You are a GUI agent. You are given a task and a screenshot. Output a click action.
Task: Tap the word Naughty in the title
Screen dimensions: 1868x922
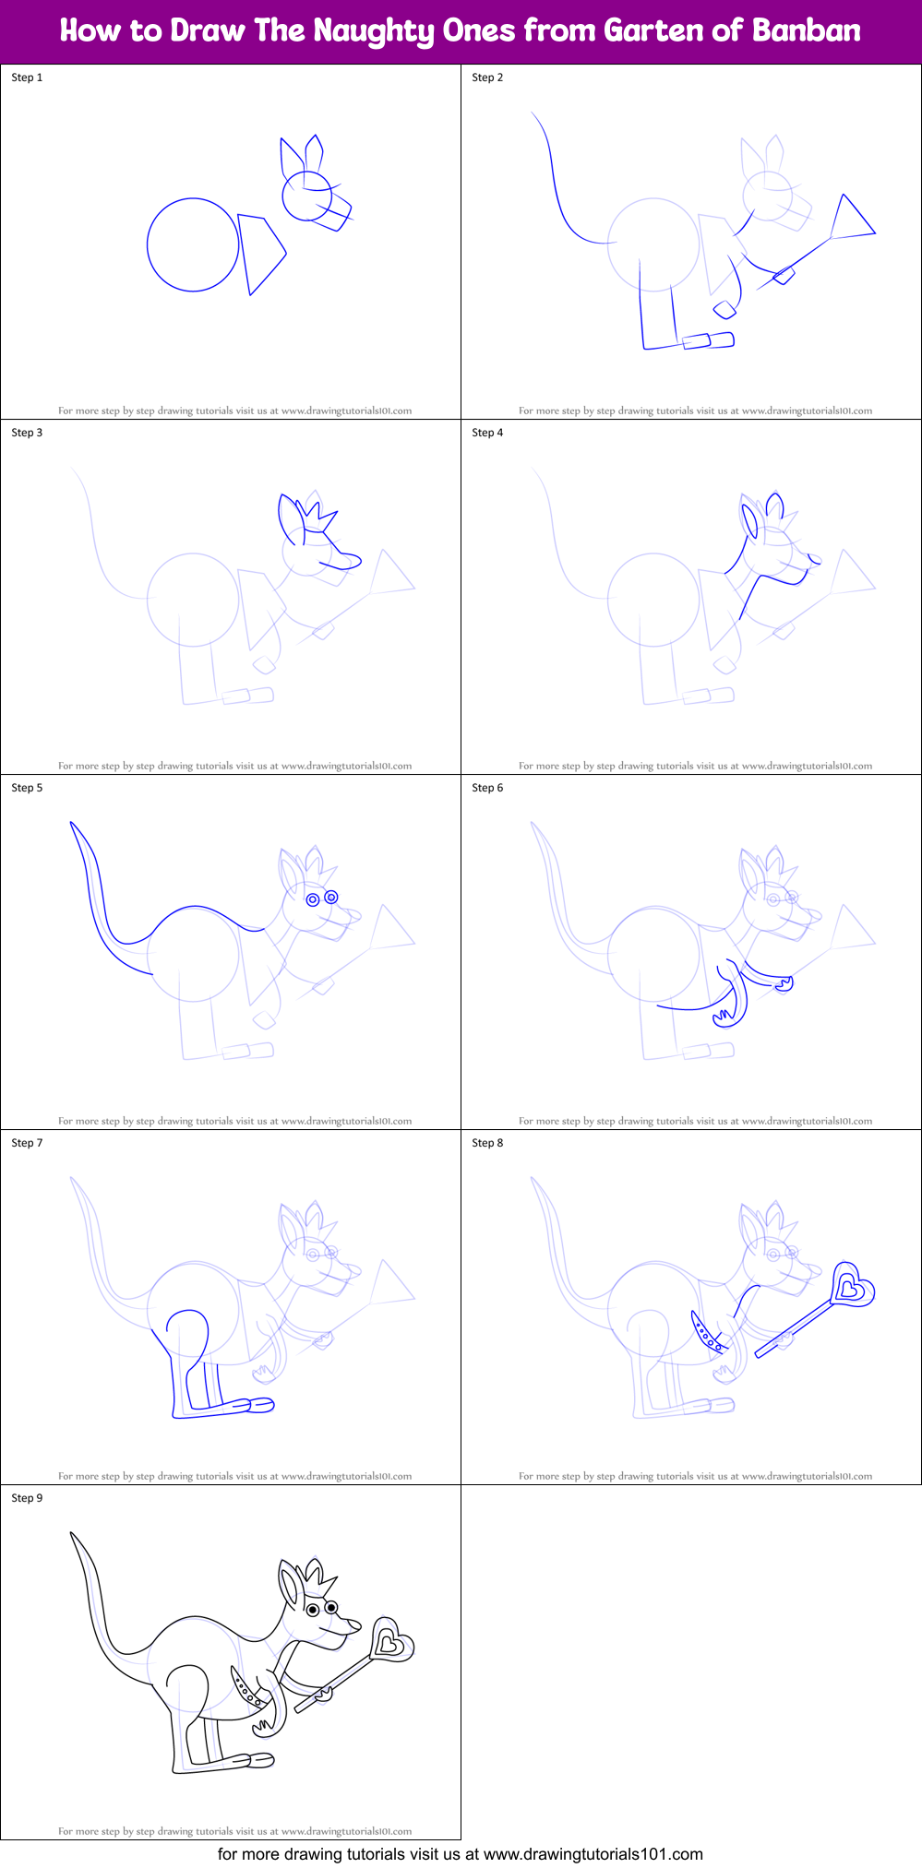click(x=373, y=31)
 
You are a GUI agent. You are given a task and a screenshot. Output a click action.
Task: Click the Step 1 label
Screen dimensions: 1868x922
click(x=27, y=77)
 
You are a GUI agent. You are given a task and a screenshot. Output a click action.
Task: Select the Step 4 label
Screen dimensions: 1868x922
click(x=487, y=433)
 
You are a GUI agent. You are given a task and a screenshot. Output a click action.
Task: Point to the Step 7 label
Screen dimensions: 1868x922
click(x=27, y=1143)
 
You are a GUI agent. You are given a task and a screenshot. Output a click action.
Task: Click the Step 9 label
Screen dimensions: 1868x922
click(x=27, y=1498)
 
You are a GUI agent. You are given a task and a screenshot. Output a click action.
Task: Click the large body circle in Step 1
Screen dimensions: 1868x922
click(x=193, y=245)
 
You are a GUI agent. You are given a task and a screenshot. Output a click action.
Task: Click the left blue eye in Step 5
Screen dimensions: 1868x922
click(x=313, y=899)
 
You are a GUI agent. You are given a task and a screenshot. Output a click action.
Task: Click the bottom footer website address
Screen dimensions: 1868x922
click(x=593, y=1854)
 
